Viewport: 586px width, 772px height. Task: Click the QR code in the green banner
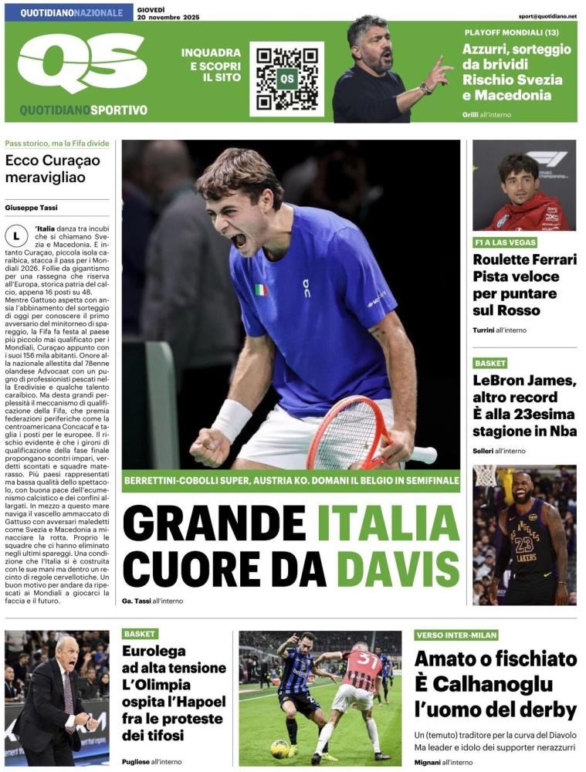[x=286, y=79]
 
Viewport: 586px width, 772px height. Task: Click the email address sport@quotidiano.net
[x=547, y=15]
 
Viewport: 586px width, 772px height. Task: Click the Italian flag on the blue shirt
[x=262, y=289]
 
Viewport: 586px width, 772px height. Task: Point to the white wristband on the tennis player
[x=232, y=419]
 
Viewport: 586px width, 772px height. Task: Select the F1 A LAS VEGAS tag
[x=505, y=242]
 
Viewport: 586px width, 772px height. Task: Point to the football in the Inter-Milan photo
[x=279, y=749]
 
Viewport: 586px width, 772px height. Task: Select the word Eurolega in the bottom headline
[x=154, y=651]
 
